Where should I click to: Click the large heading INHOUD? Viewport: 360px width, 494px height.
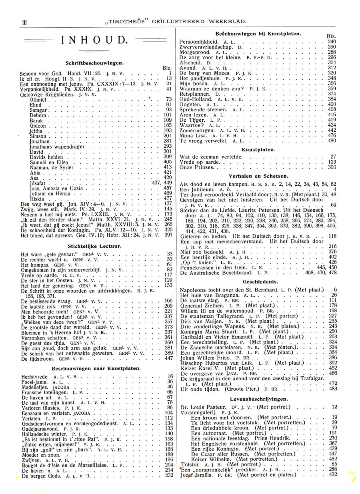pyautogui.click(x=95, y=40)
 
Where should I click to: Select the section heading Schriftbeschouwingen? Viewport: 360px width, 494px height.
pyautogui.click(x=95, y=63)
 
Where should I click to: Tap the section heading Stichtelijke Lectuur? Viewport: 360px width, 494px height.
pyautogui.click(x=95, y=247)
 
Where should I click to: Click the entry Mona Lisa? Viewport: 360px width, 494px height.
pyautogui.click(x=194, y=136)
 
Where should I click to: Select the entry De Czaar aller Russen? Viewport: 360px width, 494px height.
pyautogui.click(x=221, y=454)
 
